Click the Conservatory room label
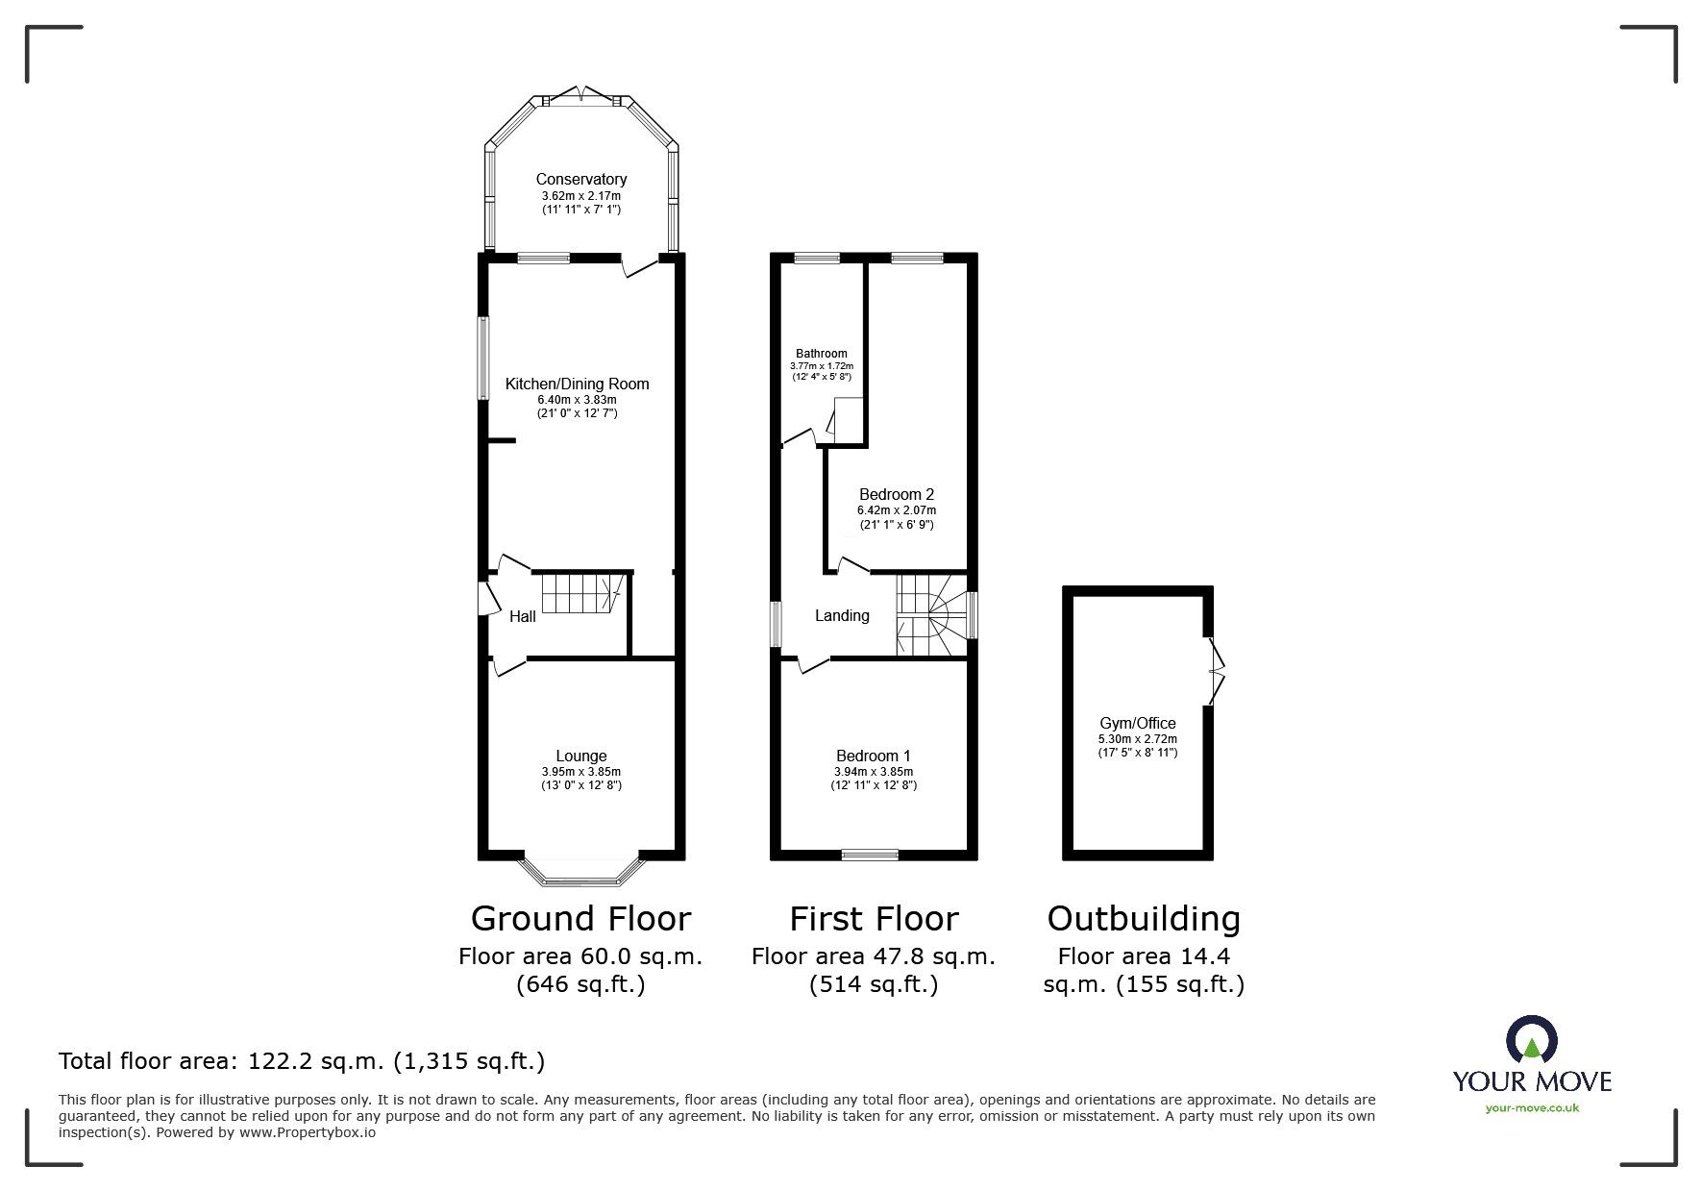coord(580,179)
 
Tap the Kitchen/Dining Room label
coord(577,385)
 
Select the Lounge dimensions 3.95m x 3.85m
coord(580,772)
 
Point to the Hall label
coord(523,616)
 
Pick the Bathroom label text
coord(821,354)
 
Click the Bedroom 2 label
coord(897,495)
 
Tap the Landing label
coord(842,616)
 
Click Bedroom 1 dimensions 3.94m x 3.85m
coord(873,772)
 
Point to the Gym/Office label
coord(1138,724)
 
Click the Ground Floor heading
coord(580,919)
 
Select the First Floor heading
coord(874,919)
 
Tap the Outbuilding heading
coord(1144,920)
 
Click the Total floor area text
coord(302,1061)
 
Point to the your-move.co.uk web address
coord(1532,1108)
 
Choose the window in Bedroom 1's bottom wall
coord(870,855)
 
